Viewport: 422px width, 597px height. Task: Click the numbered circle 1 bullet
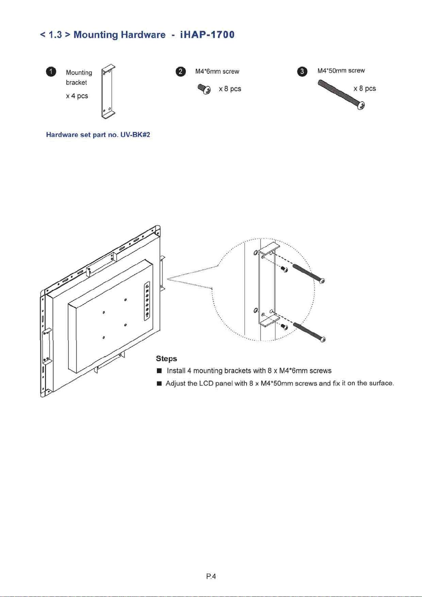tap(51, 72)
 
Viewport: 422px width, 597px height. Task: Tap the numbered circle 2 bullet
tap(181, 72)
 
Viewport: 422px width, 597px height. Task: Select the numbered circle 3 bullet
tap(302, 72)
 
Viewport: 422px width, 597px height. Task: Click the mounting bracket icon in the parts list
tap(108, 92)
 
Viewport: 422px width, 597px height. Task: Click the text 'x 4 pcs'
tap(77, 96)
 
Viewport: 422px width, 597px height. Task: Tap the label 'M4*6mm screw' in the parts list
tap(217, 72)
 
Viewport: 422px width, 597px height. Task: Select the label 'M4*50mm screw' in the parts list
tap(341, 70)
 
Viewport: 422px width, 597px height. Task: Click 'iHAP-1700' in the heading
tap(207, 35)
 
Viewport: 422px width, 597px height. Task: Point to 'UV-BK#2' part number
tap(135, 135)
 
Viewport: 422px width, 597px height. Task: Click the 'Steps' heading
tap(166, 359)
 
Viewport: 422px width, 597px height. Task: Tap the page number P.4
tap(211, 576)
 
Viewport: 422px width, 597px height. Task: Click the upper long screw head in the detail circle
tap(322, 281)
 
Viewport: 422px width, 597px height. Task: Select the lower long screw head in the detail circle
tap(323, 339)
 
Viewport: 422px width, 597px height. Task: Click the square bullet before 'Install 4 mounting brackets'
tap(159, 371)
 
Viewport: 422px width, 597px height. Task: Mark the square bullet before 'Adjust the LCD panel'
tap(159, 383)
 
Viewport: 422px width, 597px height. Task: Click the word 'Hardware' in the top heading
tap(143, 35)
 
